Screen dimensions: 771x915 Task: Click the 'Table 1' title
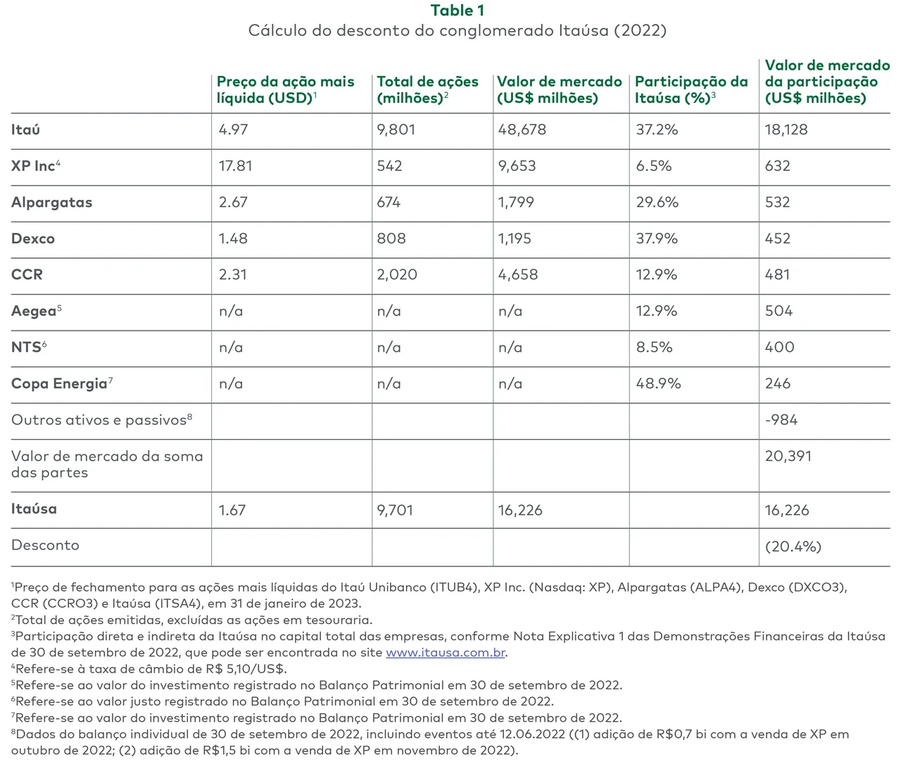coord(457,11)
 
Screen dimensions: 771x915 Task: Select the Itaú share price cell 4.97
coord(233,130)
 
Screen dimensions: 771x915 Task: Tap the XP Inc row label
coord(36,166)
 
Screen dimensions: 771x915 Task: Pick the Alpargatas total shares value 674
coord(389,203)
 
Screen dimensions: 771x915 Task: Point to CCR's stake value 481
coord(778,275)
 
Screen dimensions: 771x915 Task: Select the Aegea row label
coord(36,311)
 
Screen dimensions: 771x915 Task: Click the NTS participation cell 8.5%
coord(654,348)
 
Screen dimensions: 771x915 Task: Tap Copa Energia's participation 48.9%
coord(658,384)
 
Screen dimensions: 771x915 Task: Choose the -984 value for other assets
coord(781,421)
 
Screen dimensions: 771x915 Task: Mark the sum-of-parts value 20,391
coord(788,457)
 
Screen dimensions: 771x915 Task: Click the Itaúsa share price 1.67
coord(232,511)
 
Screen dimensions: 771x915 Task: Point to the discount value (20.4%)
coord(793,547)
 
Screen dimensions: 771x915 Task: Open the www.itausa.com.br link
coord(446,653)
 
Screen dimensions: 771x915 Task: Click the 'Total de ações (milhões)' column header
coord(427,90)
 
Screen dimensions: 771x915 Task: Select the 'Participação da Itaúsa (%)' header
coord(691,90)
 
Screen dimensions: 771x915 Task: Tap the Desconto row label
coord(45,546)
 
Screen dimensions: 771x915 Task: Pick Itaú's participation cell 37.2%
coord(657,130)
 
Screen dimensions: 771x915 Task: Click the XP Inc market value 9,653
coord(517,167)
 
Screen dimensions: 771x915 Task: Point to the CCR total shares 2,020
coord(397,275)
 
